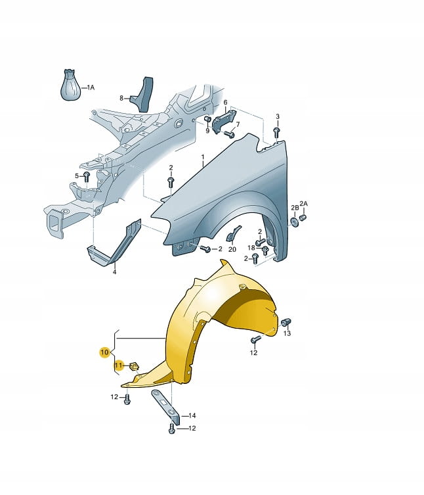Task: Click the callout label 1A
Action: (91, 87)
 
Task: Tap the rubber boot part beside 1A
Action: (70, 85)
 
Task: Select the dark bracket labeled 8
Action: (142, 95)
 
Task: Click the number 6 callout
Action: (225, 103)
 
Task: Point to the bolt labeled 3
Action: (277, 132)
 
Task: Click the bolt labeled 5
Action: (87, 176)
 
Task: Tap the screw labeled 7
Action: (229, 135)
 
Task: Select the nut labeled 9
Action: (207, 120)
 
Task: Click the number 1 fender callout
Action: (203, 157)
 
